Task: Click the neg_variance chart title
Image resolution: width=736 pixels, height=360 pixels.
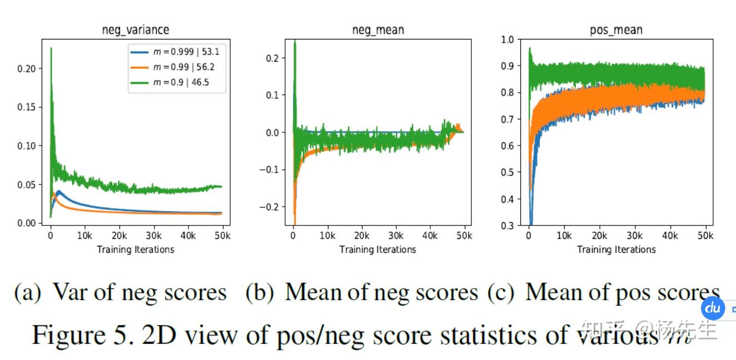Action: click(x=136, y=30)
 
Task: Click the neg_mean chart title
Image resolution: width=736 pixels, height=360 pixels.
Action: click(x=378, y=30)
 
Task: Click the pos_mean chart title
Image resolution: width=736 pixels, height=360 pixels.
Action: click(x=616, y=30)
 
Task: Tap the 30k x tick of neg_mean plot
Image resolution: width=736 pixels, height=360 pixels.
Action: click(x=396, y=236)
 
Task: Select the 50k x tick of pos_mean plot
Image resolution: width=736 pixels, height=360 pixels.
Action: click(x=705, y=236)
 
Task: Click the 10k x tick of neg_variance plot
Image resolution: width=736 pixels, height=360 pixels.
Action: click(x=85, y=236)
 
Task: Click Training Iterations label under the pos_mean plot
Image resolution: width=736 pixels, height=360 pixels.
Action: click(x=616, y=249)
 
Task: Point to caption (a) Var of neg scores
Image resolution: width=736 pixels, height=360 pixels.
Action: click(x=120, y=292)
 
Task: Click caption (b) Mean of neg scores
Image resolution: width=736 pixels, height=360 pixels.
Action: click(x=362, y=292)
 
